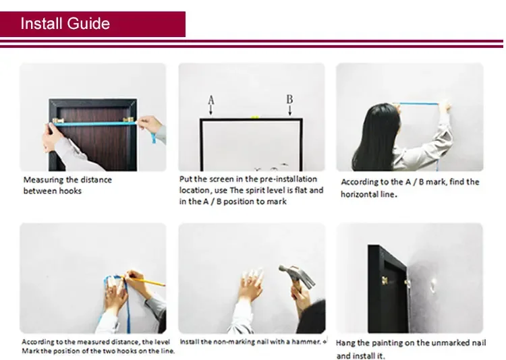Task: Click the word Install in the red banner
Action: pyautogui.click(x=41, y=24)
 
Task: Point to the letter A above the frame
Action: pyautogui.click(x=211, y=100)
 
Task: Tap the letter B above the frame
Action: pyautogui.click(x=290, y=99)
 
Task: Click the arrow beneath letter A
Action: pyautogui.click(x=210, y=111)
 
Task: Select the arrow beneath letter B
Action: pyautogui.click(x=290, y=111)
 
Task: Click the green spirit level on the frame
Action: pyautogui.click(x=254, y=117)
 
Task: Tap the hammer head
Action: pyautogui.click(x=296, y=274)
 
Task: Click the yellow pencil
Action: pyautogui.click(x=144, y=280)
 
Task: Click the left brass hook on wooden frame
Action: pyautogui.click(x=58, y=121)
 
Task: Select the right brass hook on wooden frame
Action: pyautogui.click(x=128, y=120)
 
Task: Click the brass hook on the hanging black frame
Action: pyautogui.click(x=385, y=280)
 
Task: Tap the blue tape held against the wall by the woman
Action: pyautogui.click(x=418, y=104)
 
